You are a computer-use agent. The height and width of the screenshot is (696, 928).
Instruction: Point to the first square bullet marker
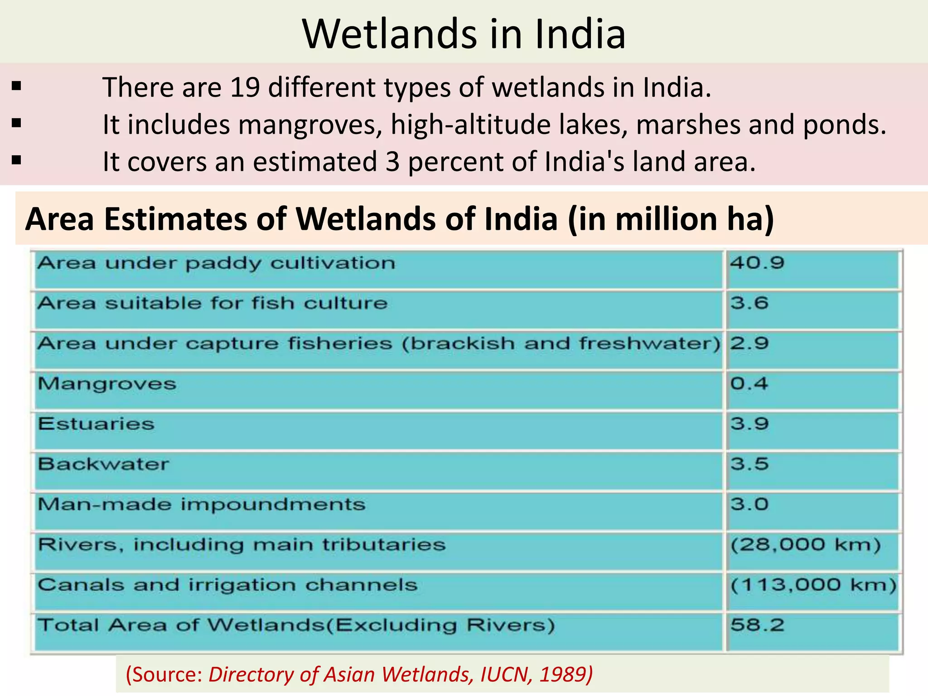(17, 86)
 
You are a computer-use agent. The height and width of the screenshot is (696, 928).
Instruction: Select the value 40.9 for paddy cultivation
(757, 263)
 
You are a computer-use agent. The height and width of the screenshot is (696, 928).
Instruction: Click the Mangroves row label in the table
(107, 384)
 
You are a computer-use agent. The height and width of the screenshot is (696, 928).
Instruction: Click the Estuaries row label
(96, 424)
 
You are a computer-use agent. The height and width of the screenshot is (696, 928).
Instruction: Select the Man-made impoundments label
(202, 504)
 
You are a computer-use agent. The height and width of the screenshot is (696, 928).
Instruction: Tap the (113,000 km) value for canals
(813, 585)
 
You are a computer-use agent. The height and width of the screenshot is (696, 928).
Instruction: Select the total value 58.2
(757, 625)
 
